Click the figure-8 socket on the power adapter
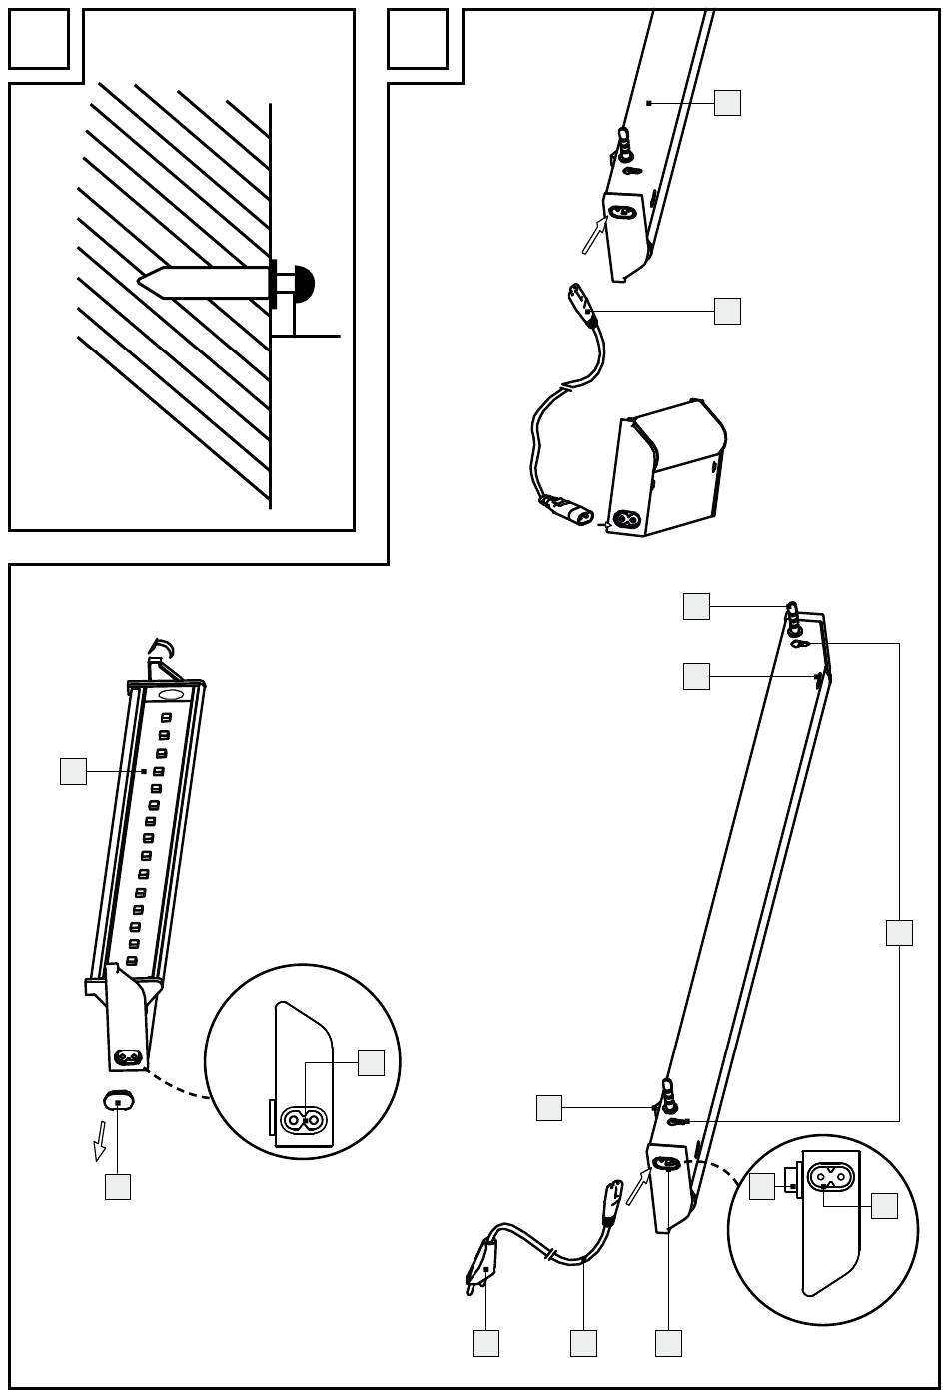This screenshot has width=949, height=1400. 627,520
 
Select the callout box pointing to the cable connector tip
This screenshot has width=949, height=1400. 727,311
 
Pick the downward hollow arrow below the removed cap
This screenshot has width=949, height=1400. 100,1140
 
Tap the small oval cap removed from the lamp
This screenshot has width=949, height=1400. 118,1101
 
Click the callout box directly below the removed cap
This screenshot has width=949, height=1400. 118,1186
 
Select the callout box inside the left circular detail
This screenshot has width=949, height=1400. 371,1062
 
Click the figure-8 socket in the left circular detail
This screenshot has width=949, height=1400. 303,1120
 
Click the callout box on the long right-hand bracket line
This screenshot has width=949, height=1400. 899,932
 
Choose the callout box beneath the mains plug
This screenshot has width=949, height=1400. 485,1343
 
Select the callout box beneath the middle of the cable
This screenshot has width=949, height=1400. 583,1343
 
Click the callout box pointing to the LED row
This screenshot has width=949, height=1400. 73,771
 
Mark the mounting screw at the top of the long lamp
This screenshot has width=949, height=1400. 793,619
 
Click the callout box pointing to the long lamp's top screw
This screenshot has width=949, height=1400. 696,606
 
